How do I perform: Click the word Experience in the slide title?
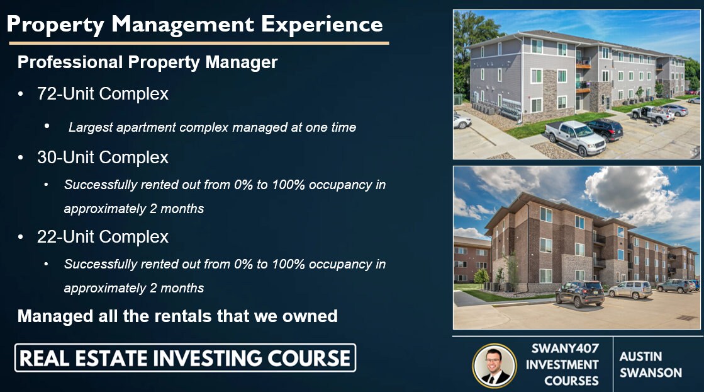coord(321,25)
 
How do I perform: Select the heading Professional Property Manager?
coord(147,62)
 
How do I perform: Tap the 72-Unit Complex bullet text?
coord(103,94)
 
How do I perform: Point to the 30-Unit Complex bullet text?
coord(103,157)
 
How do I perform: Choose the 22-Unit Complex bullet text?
coord(103,237)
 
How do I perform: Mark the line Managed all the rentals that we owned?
coord(177,316)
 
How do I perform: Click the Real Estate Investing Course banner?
coord(185,358)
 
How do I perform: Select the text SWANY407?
coord(562,348)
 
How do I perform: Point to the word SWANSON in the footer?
coord(650,372)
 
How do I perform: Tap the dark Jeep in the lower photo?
coord(579,293)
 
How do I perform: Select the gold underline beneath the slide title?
coord(199,43)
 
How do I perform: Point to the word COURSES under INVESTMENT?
coord(562,381)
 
